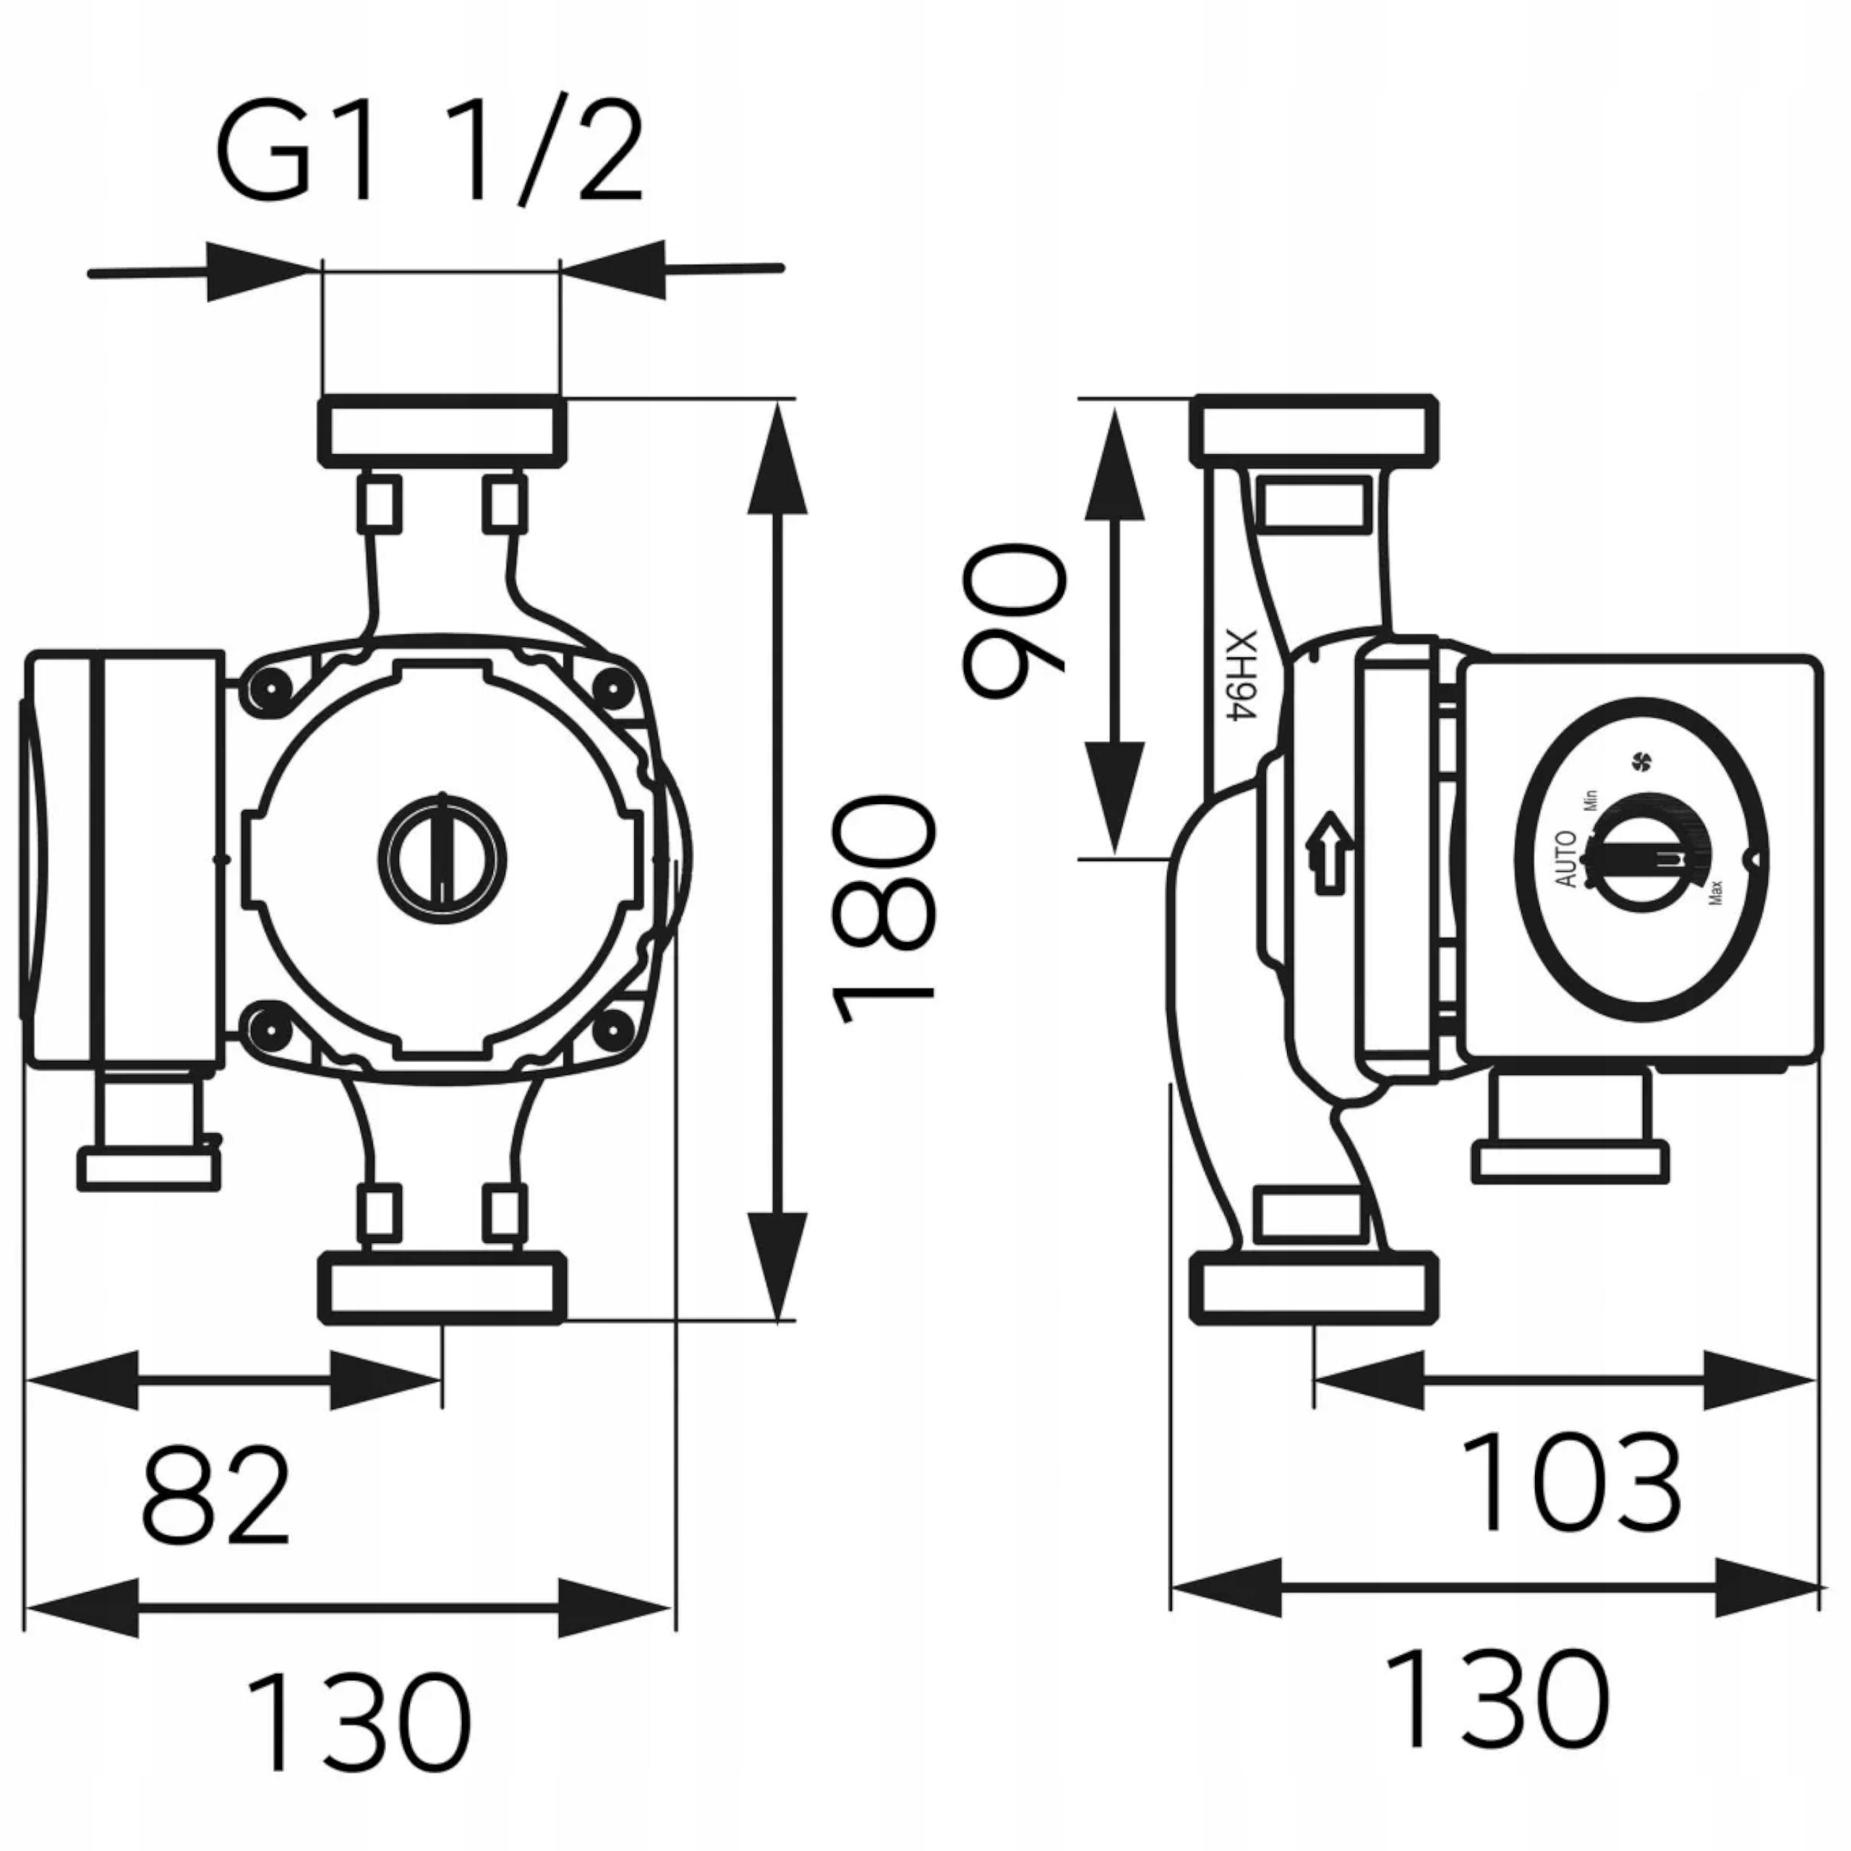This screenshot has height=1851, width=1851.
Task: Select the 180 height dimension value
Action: pyautogui.click(x=882, y=909)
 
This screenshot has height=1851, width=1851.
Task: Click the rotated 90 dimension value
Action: pyautogui.click(x=1014, y=618)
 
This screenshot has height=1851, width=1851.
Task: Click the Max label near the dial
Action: pyautogui.click(x=1715, y=893)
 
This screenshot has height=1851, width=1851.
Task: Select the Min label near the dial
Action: pyautogui.click(x=1591, y=799)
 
